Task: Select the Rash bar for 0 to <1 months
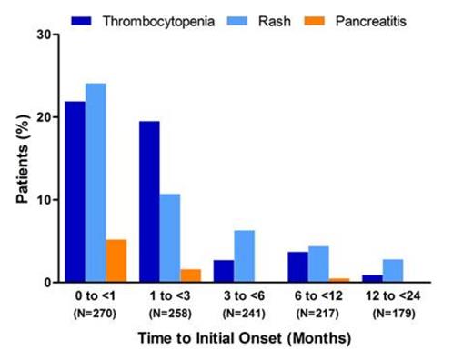(96, 183)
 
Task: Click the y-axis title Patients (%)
(21, 159)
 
